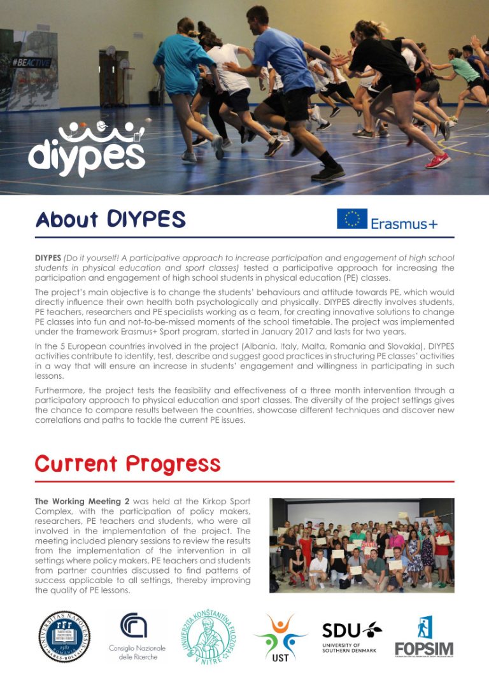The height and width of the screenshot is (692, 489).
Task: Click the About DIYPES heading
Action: [110, 220]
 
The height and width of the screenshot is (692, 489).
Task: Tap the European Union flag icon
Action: [351, 219]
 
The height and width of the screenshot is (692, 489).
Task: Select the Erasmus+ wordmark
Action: [404, 223]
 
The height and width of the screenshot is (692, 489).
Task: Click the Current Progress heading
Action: [127, 463]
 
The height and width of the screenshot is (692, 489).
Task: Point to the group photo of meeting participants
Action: [361, 545]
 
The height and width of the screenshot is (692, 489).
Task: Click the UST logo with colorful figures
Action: [280, 637]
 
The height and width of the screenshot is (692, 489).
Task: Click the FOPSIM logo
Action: [424, 636]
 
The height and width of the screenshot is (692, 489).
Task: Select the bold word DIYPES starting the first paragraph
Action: [48, 258]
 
